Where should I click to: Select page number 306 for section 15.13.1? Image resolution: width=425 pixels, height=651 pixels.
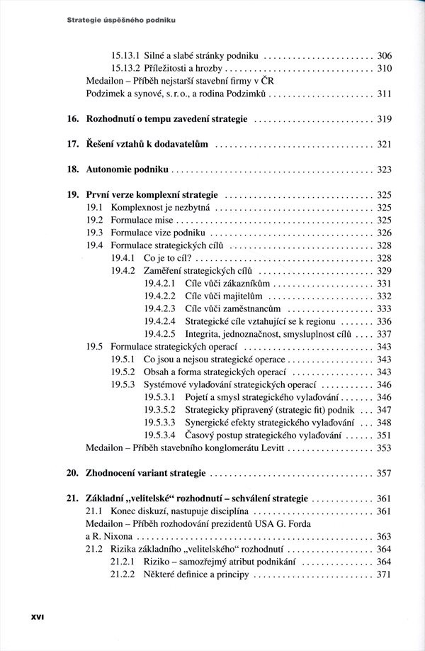pyautogui.click(x=384, y=55)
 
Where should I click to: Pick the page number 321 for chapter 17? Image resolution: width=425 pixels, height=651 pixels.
pyautogui.click(x=384, y=145)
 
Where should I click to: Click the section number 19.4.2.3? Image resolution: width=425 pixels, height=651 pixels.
pyautogui.click(x=159, y=308)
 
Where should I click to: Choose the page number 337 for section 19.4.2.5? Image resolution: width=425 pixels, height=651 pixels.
pyautogui.click(x=384, y=334)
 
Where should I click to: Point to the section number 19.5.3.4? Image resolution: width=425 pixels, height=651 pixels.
pyautogui.click(x=159, y=435)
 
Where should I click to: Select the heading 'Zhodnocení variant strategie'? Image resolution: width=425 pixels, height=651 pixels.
pyautogui.click(x=146, y=473)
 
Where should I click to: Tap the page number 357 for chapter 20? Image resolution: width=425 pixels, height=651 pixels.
pyautogui.click(x=384, y=473)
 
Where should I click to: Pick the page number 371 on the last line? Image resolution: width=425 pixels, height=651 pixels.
pyautogui.click(x=384, y=574)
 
